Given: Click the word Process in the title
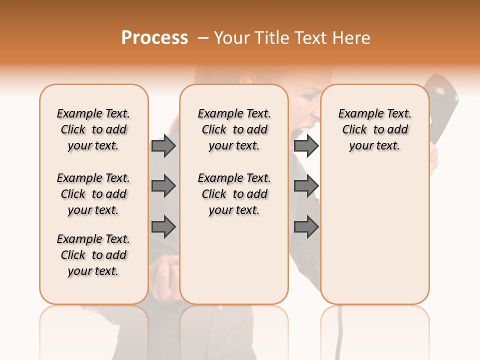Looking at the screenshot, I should (x=154, y=38).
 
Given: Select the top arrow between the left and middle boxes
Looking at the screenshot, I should (x=163, y=145).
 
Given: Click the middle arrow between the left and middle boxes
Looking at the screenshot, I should (x=163, y=186).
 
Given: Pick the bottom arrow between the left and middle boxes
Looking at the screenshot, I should (x=163, y=227).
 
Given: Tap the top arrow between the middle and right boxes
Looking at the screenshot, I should (x=306, y=145).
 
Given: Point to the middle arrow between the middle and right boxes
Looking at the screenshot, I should (x=306, y=186).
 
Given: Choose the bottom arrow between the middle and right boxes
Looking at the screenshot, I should (x=306, y=227).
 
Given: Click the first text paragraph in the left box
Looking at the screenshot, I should (x=93, y=129).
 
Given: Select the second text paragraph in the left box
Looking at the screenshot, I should (x=93, y=194).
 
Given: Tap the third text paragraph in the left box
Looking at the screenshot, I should (x=93, y=255).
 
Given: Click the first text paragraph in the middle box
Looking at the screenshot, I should (x=234, y=129).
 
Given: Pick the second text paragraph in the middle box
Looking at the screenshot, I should (x=234, y=194).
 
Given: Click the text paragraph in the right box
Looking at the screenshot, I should (x=374, y=129).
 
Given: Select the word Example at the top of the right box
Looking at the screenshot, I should (x=356, y=114).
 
